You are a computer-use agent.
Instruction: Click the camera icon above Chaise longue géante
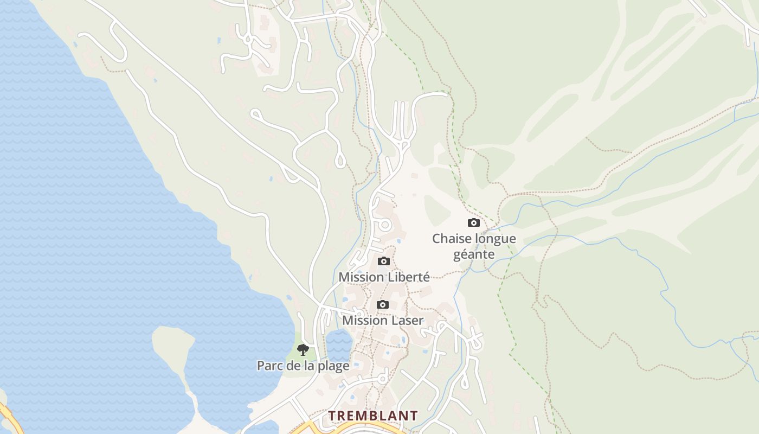tap(473, 222)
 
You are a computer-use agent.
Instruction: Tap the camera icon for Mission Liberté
tap(384, 261)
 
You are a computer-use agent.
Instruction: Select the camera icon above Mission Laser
tap(383, 304)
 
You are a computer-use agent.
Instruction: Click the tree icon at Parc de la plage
tap(303, 350)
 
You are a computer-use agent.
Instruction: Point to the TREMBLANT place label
tap(373, 416)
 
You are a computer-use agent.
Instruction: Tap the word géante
tap(474, 254)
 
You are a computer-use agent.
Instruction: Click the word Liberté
tap(407, 277)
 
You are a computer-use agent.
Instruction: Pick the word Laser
tap(404, 321)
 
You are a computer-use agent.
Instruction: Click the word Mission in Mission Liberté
tap(361, 277)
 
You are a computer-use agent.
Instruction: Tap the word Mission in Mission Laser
tap(363, 321)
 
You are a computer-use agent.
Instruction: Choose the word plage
tap(333, 366)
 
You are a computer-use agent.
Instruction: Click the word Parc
tap(269, 366)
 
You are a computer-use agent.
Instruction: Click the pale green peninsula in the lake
tap(172, 347)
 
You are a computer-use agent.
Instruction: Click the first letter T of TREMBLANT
tap(332, 416)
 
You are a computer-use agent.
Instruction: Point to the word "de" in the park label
tap(293, 366)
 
